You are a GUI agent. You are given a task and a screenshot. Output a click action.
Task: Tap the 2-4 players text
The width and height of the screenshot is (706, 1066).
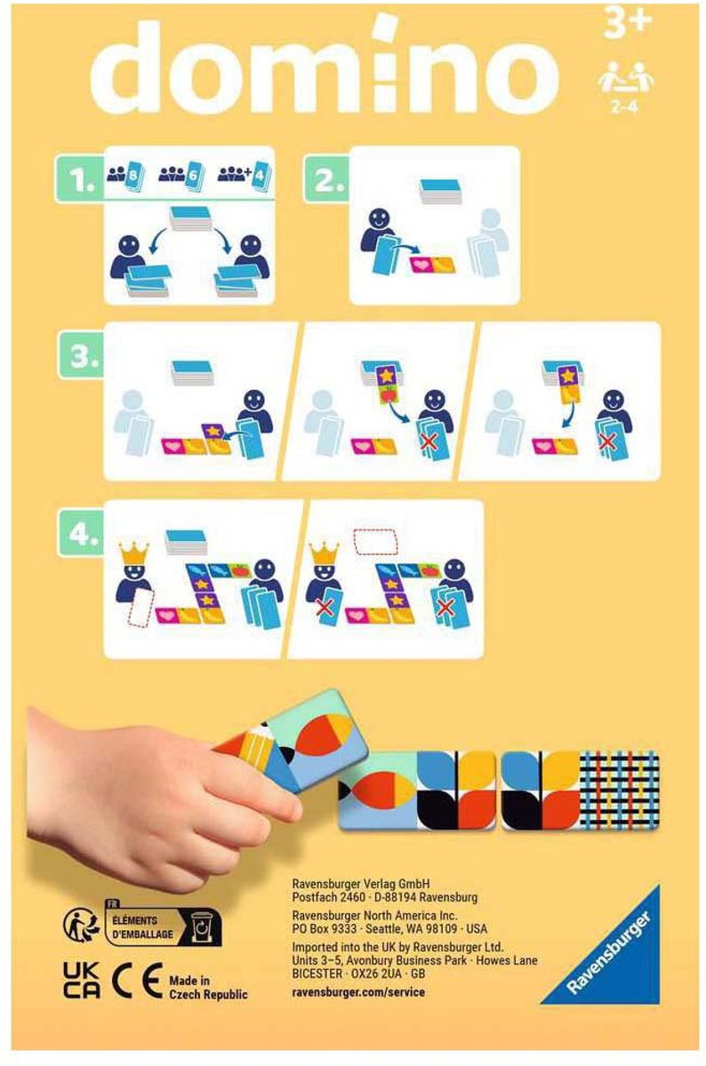[624, 107]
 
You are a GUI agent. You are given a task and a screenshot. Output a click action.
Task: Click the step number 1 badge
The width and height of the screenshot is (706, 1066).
[81, 180]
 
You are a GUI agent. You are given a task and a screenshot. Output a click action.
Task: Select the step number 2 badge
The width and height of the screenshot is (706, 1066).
[329, 180]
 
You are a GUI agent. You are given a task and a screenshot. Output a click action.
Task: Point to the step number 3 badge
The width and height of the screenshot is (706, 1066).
[81, 357]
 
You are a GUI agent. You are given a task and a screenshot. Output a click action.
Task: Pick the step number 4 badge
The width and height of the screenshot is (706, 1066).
[81, 534]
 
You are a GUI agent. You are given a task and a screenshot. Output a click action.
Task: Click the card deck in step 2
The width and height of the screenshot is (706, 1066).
[437, 192]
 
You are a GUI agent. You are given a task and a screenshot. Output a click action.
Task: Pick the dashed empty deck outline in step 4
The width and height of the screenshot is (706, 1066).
[376, 541]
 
